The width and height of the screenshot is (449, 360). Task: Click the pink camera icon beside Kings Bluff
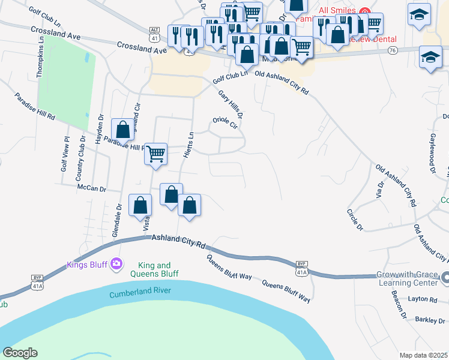click(x=116, y=263)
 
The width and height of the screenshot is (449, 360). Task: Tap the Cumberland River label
click(x=140, y=293)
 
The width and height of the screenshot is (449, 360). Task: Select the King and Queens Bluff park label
click(x=154, y=269)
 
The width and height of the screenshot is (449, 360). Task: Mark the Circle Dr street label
click(x=355, y=220)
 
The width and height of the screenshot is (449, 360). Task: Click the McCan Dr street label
click(x=91, y=188)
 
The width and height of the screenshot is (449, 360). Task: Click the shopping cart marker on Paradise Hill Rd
click(x=155, y=154)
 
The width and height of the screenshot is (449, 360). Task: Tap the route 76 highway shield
click(x=392, y=50)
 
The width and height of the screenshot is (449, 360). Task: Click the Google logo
click(x=20, y=353)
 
